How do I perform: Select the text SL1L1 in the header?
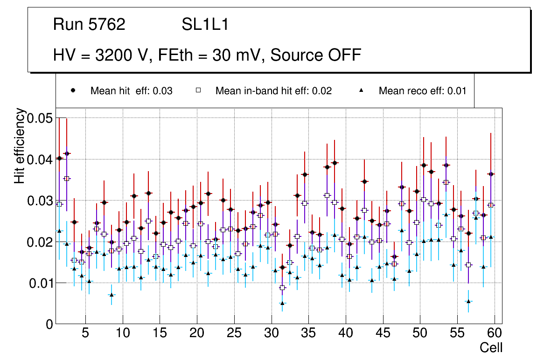click(x=205, y=25)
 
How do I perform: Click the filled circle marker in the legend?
click(x=73, y=90)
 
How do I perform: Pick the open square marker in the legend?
click(x=198, y=90)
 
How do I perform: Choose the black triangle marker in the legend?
click(x=362, y=90)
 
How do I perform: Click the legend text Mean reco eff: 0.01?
click(x=422, y=91)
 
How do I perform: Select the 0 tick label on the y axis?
click(x=49, y=324)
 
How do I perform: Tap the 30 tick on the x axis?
click(x=271, y=333)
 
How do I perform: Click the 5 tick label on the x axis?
click(x=85, y=333)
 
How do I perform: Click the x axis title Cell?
click(x=491, y=347)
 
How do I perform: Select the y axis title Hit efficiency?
click(x=20, y=145)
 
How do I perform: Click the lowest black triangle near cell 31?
click(x=282, y=303)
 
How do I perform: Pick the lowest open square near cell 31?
click(x=282, y=288)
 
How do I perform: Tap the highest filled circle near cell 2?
click(x=66, y=153)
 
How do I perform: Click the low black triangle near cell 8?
click(x=111, y=295)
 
